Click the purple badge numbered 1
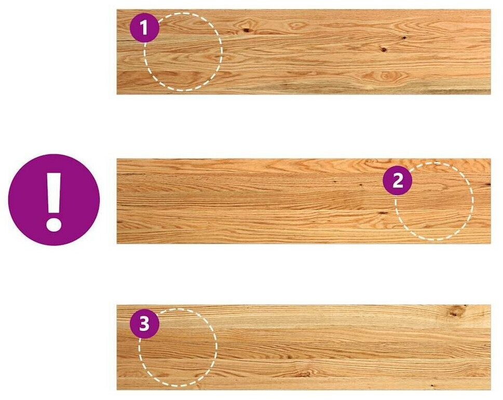[144, 28]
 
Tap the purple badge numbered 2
[398, 180]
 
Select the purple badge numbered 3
[144, 323]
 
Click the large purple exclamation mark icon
[54, 199]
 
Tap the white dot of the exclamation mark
[53, 224]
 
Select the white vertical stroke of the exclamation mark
[53, 193]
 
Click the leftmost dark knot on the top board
[247, 31]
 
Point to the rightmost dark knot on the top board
[404, 37]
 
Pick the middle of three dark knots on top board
[384, 49]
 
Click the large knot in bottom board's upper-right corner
[456, 311]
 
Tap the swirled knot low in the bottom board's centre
[303, 374]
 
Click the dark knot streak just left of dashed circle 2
[383, 212]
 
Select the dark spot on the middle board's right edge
[488, 184]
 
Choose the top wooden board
[304, 51]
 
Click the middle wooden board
[304, 201]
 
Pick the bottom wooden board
[304, 348]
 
